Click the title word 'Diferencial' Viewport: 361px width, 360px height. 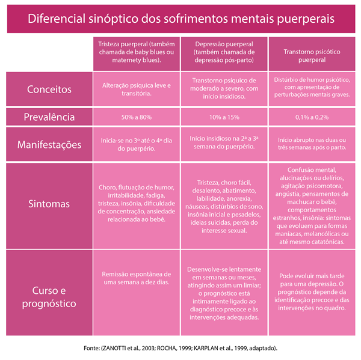(57, 19)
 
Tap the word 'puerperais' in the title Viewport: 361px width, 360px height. (306, 19)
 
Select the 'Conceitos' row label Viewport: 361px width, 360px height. (49, 90)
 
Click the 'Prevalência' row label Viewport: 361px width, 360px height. (49, 117)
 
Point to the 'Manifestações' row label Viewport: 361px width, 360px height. (49, 145)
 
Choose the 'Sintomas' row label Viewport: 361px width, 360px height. (49, 204)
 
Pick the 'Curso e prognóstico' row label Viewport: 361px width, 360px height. (49, 297)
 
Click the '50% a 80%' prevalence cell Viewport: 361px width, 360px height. (137, 117)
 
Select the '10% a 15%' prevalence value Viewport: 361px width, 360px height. (224, 117)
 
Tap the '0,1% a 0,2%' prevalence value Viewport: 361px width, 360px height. (312, 117)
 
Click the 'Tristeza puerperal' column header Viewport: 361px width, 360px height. (137, 52)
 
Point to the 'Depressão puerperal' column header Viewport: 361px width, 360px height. (224, 52)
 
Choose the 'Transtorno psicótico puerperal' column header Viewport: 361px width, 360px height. (312, 56)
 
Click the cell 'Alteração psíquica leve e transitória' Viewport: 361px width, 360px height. (137, 90)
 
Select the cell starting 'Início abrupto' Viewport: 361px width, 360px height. (312, 144)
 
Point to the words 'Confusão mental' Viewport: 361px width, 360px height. (312, 170)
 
